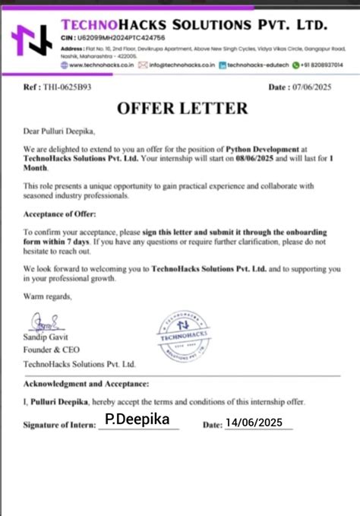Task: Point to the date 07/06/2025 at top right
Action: pyautogui.click(x=314, y=87)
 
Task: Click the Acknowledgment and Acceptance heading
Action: pyautogui.click(x=86, y=385)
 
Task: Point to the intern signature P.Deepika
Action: pyautogui.click(x=136, y=419)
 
